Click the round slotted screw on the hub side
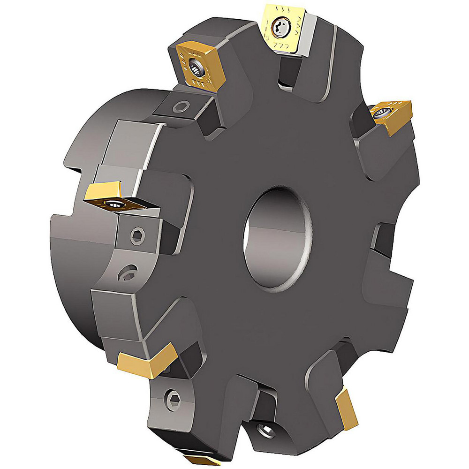pos(127,273)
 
